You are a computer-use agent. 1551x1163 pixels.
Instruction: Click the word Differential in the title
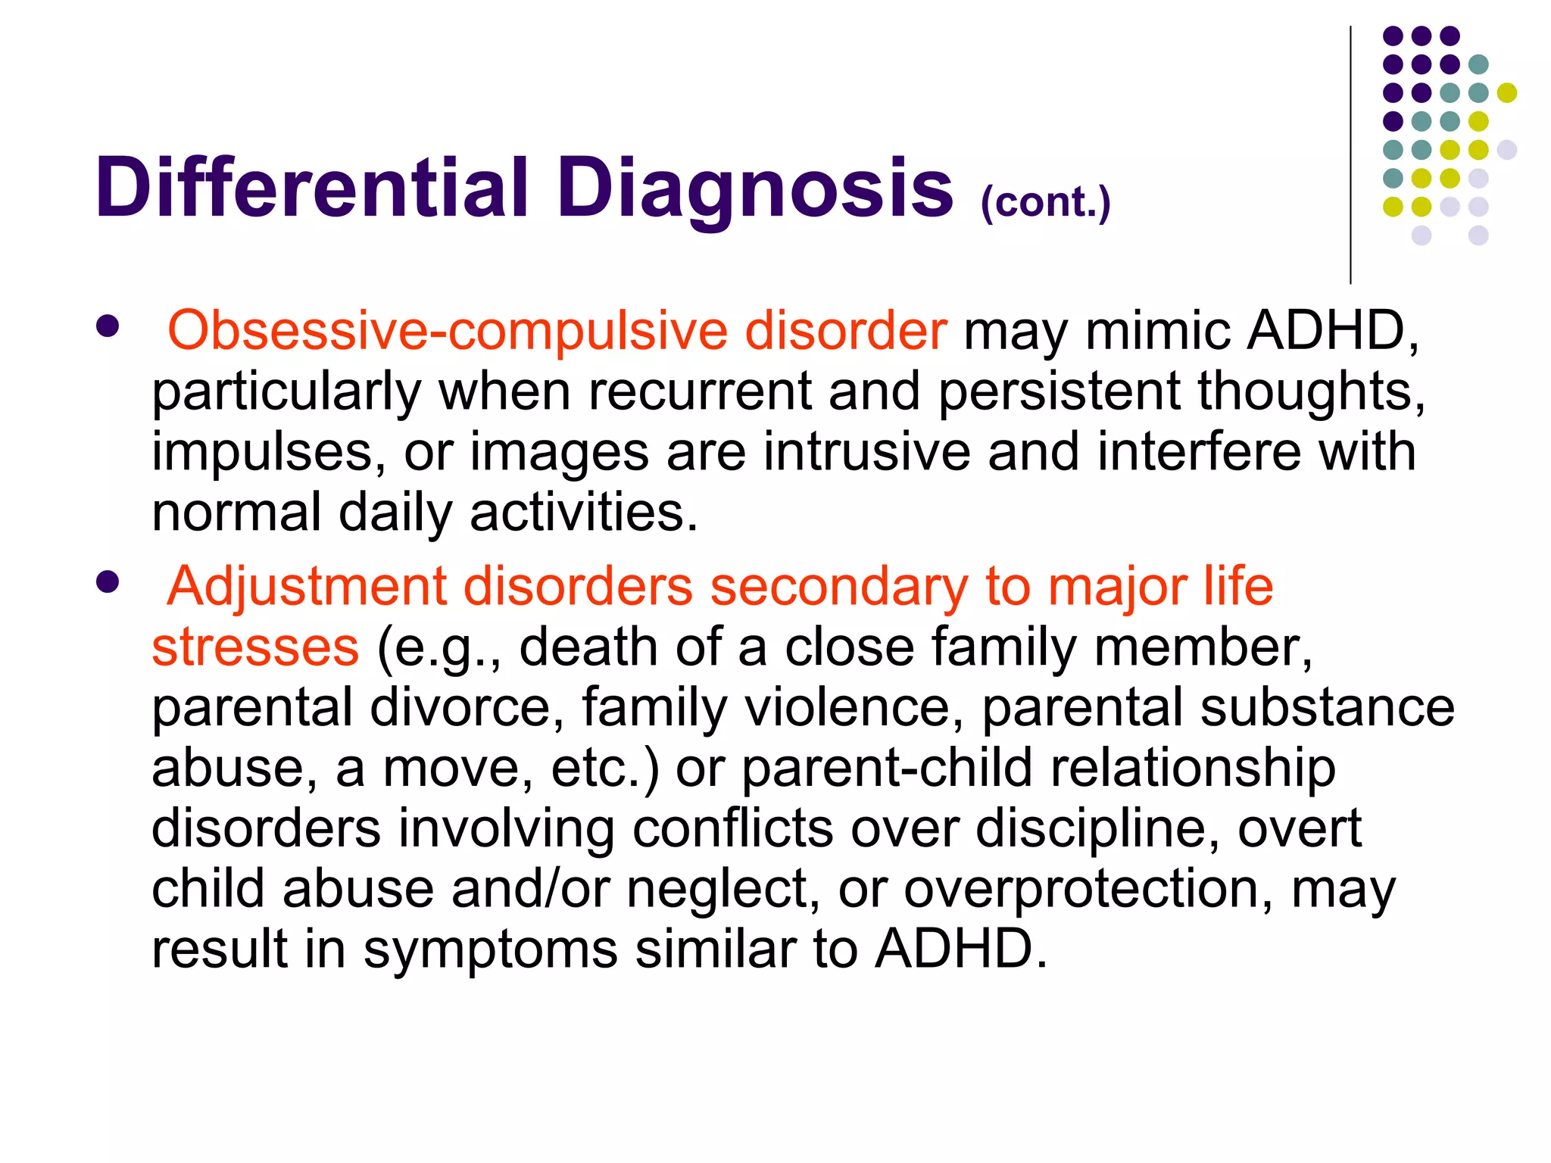(x=311, y=188)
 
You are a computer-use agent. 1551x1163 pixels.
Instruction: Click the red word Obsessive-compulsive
(x=447, y=332)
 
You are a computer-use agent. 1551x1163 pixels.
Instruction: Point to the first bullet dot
(x=108, y=326)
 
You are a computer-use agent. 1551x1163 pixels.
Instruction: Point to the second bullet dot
(x=108, y=582)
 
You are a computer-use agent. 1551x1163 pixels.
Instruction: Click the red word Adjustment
(x=307, y=588)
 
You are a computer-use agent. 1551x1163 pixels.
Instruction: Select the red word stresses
(x=255, y=647)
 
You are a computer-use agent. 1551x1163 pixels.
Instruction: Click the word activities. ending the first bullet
(x=583, y=513)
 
